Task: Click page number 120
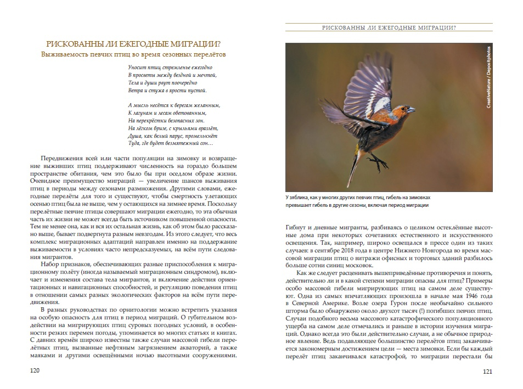coord(35,371)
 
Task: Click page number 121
coord(487,371)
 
